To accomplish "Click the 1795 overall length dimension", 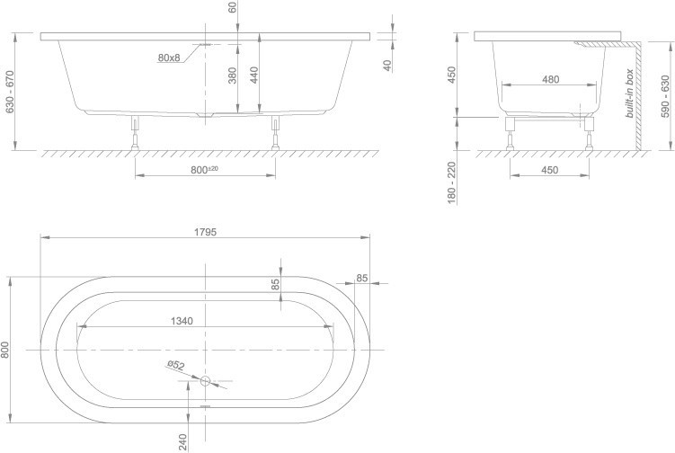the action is click(x=205, y=232).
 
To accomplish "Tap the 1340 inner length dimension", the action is click(x=182, y=321).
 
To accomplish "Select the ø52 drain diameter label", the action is click(x=176, y=365).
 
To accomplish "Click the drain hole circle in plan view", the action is click(x=205, y=381).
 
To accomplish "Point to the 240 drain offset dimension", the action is click(x=182, y=442).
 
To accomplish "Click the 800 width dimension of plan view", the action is click(x=4, y=350).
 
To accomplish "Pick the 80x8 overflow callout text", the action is click(x=169, y=58).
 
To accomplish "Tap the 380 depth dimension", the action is click(x=232, y=75).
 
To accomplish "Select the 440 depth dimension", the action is click(x=254, y=75).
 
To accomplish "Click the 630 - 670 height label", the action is click(x=10, y=92).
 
